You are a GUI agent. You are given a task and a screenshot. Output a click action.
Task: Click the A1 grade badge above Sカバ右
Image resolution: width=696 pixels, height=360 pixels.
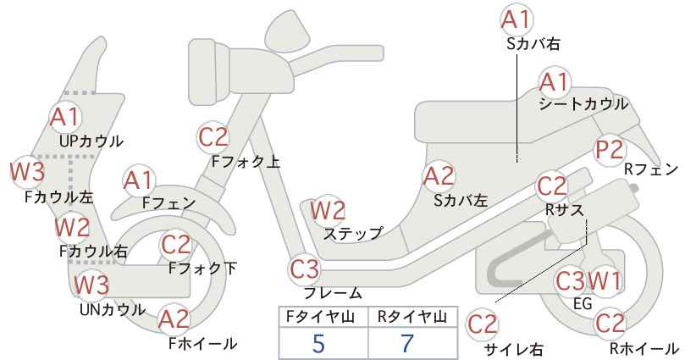[516, 19]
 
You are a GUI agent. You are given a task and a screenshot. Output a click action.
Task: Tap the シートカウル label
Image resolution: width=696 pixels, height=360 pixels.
[583, 104]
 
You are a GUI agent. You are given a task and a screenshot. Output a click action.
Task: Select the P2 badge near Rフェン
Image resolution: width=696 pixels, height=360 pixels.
[610, 150]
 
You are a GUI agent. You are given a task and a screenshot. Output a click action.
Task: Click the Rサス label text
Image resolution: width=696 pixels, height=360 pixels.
[564, 210]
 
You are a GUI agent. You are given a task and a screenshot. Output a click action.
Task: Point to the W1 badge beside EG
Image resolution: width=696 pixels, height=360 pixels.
[605, 280]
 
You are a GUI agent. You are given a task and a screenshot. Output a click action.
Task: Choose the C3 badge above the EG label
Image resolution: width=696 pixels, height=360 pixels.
[572, 280]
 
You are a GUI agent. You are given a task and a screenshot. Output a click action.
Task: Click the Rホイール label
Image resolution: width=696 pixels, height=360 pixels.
[644, 349]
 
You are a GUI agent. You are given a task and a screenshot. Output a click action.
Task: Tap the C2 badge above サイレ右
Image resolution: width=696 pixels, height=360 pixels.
[483, 325]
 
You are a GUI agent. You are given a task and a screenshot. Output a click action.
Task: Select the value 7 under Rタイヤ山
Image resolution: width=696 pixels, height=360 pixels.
[407, 343]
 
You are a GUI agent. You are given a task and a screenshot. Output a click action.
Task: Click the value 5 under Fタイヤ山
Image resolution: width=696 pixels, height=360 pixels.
[318, 343]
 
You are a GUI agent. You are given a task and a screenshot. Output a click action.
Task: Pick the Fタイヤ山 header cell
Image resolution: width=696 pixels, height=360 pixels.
[323, 317]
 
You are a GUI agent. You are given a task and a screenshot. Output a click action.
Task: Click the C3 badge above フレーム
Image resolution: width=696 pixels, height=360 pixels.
[305, 269]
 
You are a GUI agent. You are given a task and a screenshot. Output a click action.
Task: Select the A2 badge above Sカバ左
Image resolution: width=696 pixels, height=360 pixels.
[439, 177]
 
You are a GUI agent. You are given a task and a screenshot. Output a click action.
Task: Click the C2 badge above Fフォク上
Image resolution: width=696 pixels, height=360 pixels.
[213, 137]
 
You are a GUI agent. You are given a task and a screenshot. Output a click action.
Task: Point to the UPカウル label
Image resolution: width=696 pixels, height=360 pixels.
[91, 141]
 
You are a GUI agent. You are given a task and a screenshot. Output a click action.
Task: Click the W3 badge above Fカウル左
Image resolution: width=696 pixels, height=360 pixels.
[28, 172]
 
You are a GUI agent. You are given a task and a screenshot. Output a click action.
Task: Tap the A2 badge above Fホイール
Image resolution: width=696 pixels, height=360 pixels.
[174, 319]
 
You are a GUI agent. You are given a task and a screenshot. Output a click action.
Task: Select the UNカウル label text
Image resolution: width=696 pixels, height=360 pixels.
[113, 310]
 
